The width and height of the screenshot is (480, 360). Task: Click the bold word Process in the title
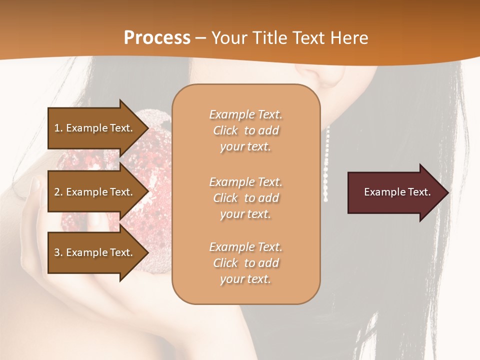(157, 37)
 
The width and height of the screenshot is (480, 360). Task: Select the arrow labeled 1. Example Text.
(95, 128)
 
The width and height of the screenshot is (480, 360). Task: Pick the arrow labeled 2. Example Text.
(95, 192)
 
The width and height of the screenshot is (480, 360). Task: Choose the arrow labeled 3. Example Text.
(95, 252)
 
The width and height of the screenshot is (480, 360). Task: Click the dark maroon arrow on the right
(395, 192)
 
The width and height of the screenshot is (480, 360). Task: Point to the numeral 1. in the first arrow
(58, 128)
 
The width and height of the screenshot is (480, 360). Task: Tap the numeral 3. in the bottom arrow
(58, 252)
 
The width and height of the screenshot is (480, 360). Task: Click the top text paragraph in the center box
(245, 130)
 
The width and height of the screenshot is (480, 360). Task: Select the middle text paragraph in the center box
(245, 198)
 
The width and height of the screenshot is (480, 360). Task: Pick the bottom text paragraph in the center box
(245, 263)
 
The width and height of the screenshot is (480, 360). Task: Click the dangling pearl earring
(327, 165)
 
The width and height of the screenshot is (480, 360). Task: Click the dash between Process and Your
(201, 37)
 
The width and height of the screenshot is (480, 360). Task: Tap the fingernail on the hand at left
(35, 184)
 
